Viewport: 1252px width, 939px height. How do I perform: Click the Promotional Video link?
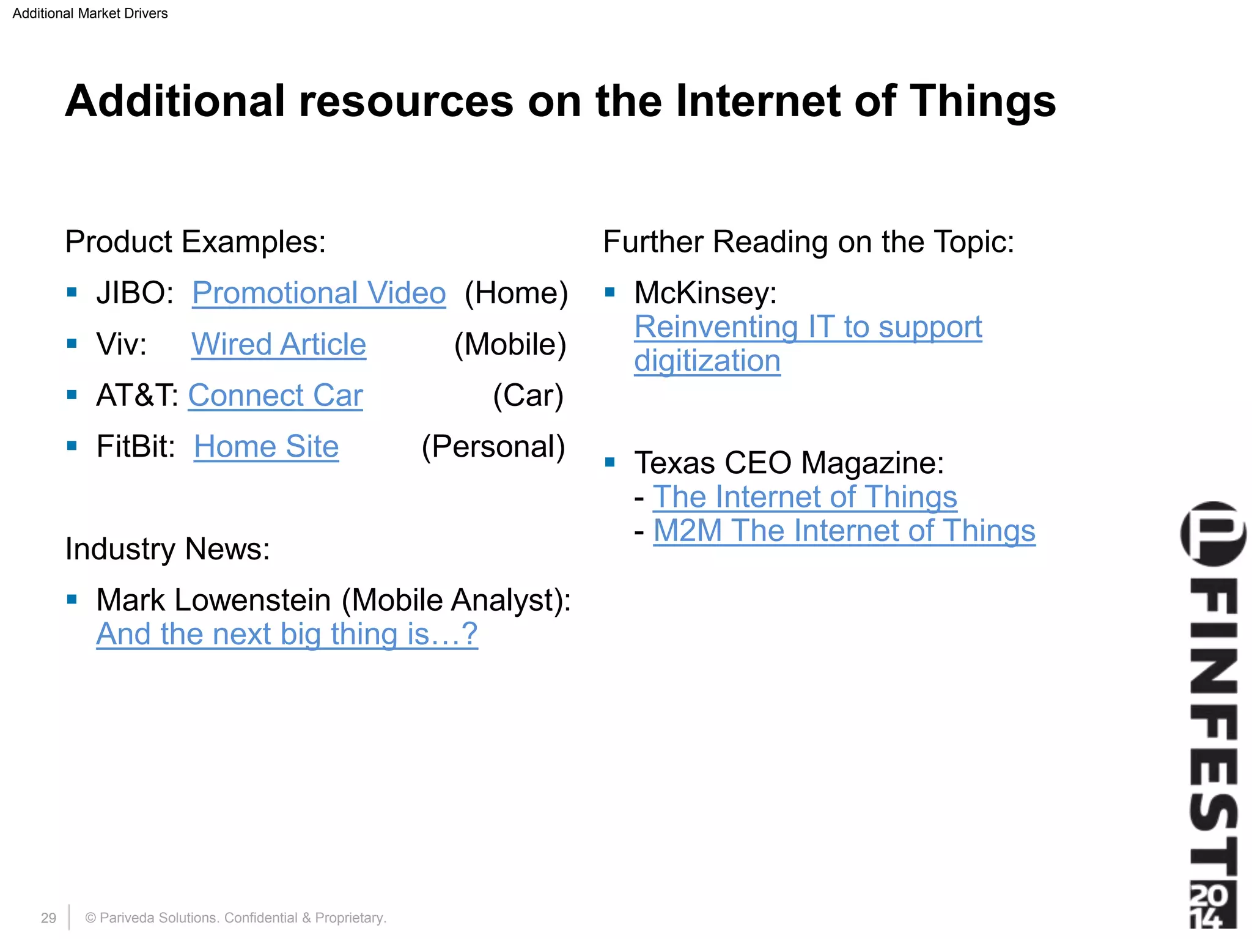[319, 293]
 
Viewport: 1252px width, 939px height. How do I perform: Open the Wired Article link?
[279, 345]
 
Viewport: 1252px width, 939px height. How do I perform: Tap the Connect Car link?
[275, 396]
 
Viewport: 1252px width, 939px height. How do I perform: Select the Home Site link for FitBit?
[266, 447]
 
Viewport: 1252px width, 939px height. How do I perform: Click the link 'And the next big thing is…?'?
[287, 634]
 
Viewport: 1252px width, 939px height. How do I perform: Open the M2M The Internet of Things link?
[844, 531]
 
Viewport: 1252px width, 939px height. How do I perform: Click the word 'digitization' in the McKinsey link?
[707, 361]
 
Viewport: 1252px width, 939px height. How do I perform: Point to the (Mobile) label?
[510, 345]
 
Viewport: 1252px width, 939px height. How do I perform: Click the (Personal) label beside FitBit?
[493, 447]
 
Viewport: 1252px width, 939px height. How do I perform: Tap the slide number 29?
[48, 918]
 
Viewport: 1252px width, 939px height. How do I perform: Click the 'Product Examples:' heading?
[196, 241]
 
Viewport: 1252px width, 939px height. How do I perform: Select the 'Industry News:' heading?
[168, 549]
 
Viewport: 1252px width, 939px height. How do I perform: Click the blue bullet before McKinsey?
[609, 292]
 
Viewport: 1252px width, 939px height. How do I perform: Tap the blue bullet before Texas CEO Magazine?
[609, 462]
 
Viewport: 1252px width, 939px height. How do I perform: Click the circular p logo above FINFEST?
[1213, 534]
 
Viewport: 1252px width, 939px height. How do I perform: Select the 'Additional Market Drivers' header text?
[90, 13]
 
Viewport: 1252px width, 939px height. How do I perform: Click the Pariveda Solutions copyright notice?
[235, 918]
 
